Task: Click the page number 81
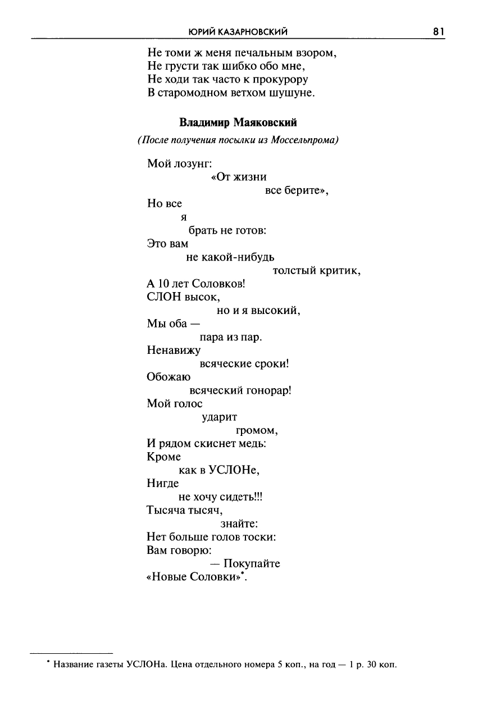[439, 32]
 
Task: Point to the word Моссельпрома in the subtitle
[304, 139]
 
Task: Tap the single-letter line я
[183, 217]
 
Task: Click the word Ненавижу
[174, 351]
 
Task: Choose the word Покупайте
[252, 563]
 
